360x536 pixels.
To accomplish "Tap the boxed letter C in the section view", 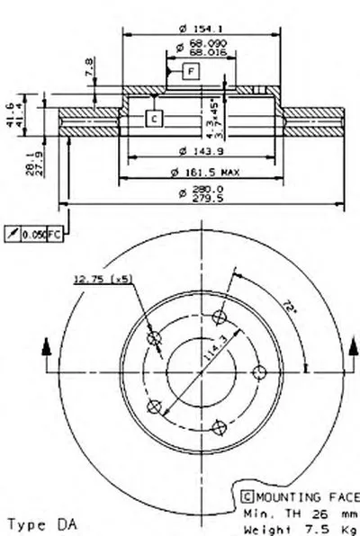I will click(x=153, y=118).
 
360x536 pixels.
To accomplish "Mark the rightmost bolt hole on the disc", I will click(x=260, y=371).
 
